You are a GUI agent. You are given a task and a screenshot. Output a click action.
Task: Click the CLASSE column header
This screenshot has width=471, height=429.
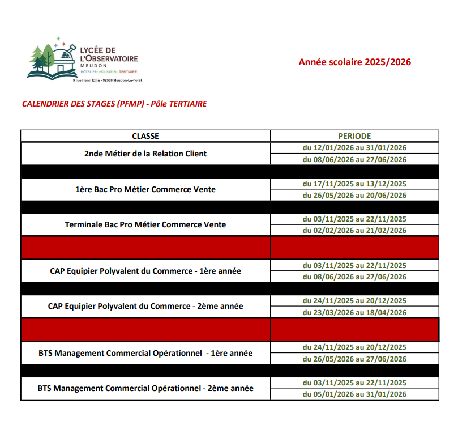145,136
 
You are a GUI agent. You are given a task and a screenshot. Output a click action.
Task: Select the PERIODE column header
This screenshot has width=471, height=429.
354,136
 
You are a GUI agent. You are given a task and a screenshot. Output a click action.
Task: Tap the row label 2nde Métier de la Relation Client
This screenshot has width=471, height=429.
145,154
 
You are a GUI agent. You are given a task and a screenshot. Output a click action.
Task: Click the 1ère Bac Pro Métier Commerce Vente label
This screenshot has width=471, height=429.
145,189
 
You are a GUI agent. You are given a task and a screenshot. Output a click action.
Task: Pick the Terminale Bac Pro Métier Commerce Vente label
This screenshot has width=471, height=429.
145,224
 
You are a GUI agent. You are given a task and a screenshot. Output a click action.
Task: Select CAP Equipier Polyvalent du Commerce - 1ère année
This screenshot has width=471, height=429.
145,271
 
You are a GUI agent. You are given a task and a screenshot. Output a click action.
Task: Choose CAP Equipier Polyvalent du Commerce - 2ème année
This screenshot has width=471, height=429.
145,306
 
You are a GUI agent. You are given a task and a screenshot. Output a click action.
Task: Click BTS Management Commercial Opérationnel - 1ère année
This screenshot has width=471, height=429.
145,353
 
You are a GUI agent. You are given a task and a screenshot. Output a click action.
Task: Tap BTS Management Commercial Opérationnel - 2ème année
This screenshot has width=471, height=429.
145,389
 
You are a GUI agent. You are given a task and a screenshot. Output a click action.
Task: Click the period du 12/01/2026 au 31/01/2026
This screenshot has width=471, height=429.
354,148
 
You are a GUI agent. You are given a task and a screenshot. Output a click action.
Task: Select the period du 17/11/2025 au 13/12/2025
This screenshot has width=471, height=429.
354,184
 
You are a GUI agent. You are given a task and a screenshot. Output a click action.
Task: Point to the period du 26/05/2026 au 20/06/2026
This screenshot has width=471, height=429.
354,195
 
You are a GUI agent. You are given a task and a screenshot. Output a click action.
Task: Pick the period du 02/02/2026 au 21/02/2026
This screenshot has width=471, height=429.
354,230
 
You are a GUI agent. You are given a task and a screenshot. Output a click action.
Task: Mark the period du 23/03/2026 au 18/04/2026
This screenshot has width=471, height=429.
354,312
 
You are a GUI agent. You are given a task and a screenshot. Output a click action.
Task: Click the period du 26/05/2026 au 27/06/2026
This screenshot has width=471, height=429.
354,359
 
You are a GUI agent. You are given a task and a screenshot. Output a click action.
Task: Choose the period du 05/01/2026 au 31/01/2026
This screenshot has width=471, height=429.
354,394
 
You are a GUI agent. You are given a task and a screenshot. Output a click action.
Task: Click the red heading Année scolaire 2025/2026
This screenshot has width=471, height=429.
355,62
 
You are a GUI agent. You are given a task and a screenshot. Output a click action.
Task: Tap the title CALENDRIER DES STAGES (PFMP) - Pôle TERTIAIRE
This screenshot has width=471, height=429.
114,104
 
